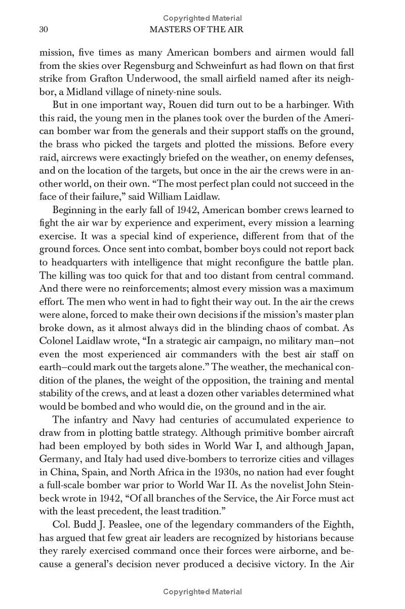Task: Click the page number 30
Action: coord(44,30)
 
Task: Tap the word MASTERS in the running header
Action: coord(171,30)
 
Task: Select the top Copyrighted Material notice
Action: coord(202,19)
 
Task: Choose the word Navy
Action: coord(133,420)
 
